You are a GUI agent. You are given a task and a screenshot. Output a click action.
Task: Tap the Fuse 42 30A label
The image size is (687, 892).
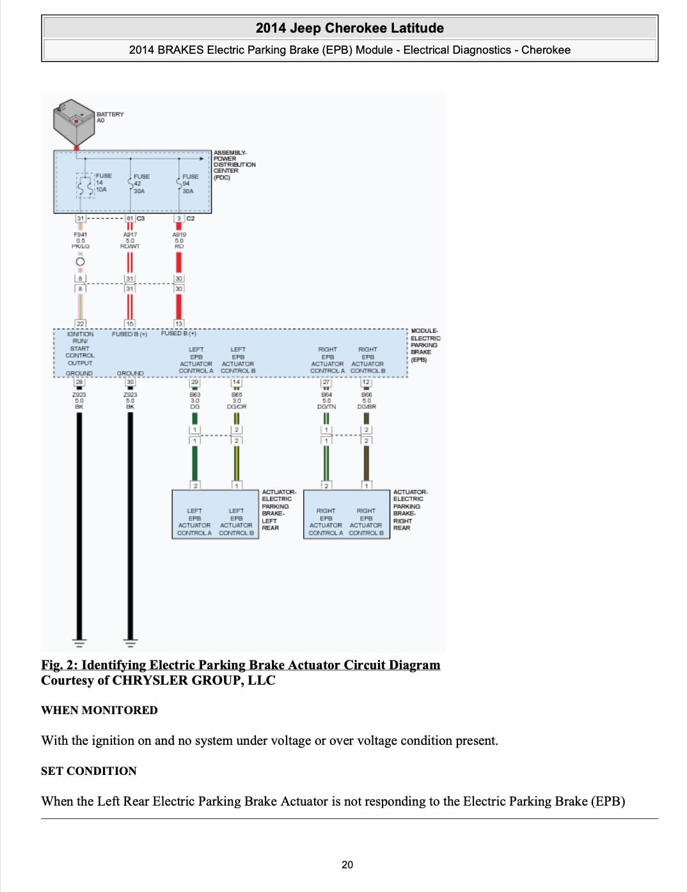pyautogui.click(x=140, y=184)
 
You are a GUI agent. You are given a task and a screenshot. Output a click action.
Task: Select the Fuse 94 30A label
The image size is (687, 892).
pyautogui.click(x=189, y=184)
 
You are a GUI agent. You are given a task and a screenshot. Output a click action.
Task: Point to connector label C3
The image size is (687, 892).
pyautogui.click(x=141, y=218)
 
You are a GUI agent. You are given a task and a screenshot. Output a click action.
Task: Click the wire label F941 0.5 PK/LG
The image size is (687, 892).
pyautogui.click(x=81, y=241)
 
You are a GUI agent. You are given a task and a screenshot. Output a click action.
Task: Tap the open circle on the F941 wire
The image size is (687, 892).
pyautogui.click(x=81, y=262)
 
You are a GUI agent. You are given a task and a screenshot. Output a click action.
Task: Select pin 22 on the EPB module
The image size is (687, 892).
pyautogui.click(x=81, y=324)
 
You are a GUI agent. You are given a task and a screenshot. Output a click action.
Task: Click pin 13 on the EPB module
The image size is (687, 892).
pyautogui.click(x=179, y=324)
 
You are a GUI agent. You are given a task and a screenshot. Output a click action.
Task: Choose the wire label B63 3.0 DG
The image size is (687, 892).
pyautogui.click(x=194, y=401)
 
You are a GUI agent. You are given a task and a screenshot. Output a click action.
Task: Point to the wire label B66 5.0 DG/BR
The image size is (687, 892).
pyautogui.click(x=367, y=401)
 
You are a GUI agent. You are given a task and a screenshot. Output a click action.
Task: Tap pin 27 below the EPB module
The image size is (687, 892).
pyautogui.click(x=326, y=382)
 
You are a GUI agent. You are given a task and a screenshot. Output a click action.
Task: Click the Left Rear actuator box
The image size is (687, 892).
pyautogui.click(x=216, y=514)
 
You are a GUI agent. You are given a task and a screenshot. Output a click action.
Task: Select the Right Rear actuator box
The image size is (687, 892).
pyautogui.click(x=347, y=514)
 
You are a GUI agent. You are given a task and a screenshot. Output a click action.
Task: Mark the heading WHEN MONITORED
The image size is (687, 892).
pyautogui.click(x=99, y=710)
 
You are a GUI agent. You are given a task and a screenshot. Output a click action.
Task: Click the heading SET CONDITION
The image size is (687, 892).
pyautogui.click(x=89, y=771)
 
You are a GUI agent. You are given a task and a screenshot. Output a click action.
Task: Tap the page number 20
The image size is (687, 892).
pyautogui.click(x=347, y=865)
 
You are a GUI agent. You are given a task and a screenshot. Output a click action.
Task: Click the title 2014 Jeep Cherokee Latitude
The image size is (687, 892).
pyautogui.click(x=349, y=28)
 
